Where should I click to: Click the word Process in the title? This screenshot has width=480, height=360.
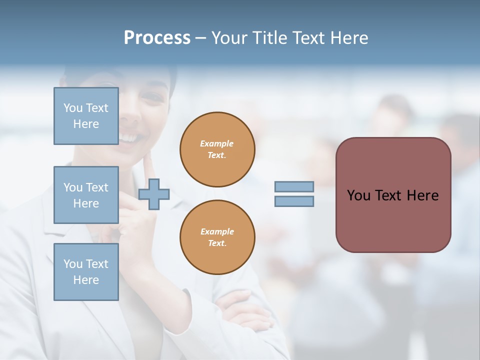157,38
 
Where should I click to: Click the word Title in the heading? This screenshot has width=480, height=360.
269,38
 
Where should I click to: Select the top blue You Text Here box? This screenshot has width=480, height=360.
86,116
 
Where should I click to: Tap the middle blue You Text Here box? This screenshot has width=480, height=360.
86,195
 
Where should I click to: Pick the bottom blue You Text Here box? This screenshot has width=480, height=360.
86,271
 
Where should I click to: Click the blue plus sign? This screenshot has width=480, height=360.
154,194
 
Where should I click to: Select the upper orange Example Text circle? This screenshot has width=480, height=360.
217,149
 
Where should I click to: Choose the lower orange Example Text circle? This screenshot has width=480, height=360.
217,237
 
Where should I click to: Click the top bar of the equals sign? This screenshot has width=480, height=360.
294,187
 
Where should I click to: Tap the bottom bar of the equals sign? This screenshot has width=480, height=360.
294,201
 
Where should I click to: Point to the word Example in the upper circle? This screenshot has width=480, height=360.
217,143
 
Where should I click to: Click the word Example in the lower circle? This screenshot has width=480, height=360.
217,231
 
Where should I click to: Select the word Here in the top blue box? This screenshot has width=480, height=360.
86,124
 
